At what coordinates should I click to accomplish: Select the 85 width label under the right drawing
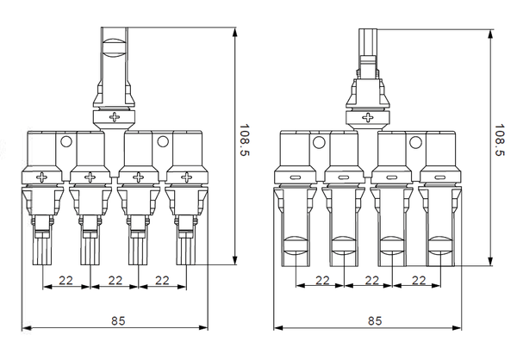point(375,320)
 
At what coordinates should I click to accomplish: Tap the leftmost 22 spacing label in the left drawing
point(65,281)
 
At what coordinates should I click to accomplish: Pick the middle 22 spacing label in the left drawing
point(115,281)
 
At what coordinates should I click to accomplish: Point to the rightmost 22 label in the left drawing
point(161,281)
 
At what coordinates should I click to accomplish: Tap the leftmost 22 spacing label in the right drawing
point(323,281)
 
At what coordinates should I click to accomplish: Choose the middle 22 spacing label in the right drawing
point(372,281)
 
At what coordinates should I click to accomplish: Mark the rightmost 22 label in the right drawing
point(420,281)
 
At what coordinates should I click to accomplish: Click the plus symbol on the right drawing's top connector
point(369,115)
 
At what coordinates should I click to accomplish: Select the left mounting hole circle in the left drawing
point(65,142)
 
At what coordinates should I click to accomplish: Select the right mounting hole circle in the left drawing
point(163,142)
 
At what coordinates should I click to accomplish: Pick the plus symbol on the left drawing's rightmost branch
point(184,178)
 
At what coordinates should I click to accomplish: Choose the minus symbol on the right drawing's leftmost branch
point(295,178)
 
